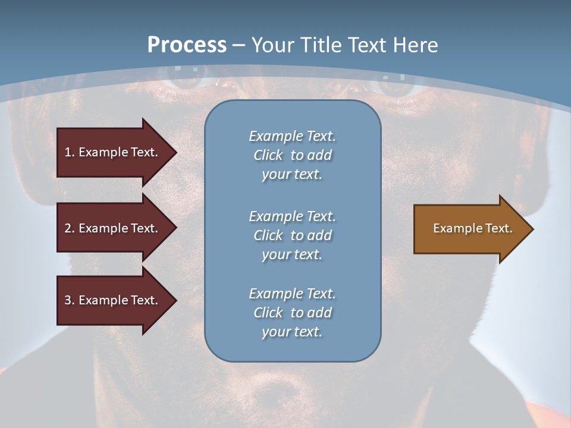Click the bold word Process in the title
coord(187,45)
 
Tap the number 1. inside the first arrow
coord(70,152)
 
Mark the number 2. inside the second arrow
coord(70,228)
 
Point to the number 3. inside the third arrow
coord(70,300)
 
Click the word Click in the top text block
coord(268,155)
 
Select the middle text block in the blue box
coord(292,235)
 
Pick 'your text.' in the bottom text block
coord(292,332)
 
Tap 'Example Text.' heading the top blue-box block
coord(292,136)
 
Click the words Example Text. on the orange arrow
coord(472,228)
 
